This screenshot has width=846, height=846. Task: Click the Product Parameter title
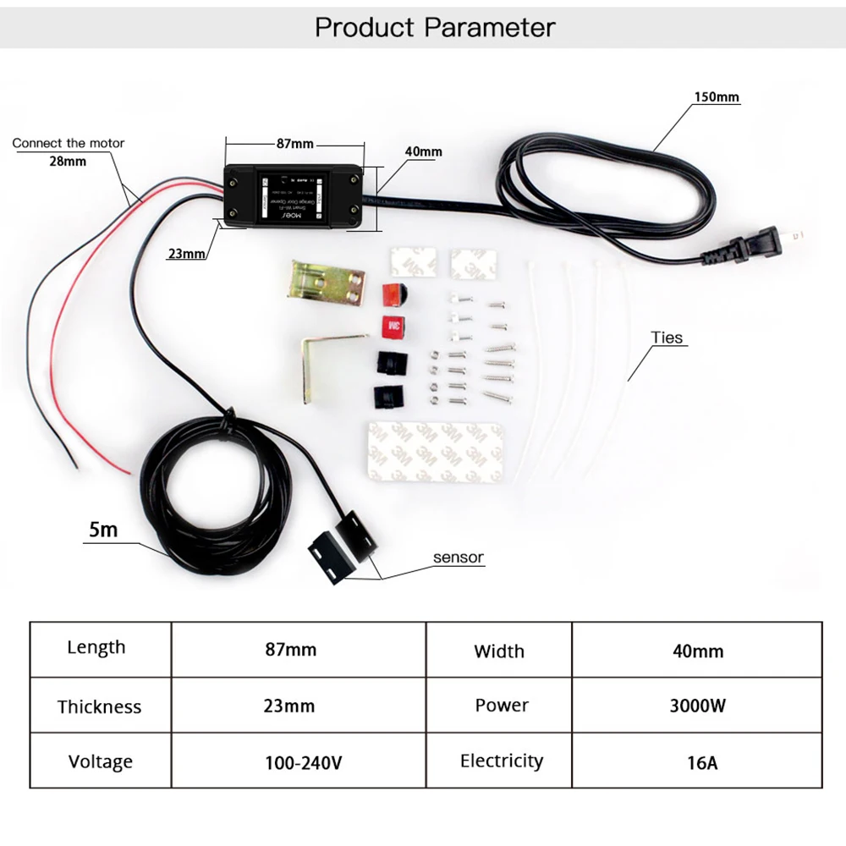tap(435, 27)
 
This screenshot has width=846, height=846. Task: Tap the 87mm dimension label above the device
tap(294, 144)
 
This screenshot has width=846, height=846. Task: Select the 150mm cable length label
tap(717, 96)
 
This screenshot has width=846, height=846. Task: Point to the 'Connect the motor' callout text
tap(68, 143)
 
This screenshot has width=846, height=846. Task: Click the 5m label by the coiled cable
tap(104, 530)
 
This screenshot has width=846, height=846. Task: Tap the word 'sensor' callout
tap(458, 557)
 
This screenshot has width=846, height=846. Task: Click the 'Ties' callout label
tap(667, 338)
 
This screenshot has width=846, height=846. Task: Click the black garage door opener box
tap(296, 197)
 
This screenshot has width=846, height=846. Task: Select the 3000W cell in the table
tap(697, 706)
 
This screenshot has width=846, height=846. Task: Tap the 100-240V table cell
tap(302, 762)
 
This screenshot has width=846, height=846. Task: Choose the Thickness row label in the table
tap(100, 706)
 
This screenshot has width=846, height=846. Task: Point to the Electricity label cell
tap(501, 761)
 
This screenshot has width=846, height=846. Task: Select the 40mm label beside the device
tap(423, 152)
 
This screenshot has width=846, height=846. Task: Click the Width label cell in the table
tap(499, 651)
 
